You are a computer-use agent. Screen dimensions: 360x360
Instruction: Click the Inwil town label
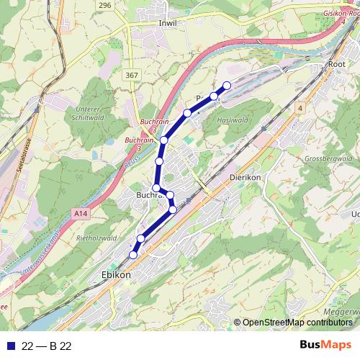tap(167, 23)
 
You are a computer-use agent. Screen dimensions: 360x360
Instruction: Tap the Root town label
tap(336, 64)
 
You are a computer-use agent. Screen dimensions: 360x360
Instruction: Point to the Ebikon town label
tap(115, 275)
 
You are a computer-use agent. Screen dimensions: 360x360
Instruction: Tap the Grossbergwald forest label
tap(328, 158)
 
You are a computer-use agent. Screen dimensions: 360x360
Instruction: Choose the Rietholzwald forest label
tap(96, 238)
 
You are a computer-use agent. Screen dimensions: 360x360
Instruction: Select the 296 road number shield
tap(106, 5)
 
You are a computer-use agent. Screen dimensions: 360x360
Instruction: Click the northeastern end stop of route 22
tap(227, 86)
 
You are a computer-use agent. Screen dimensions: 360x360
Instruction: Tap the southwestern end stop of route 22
tap(133, 254)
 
